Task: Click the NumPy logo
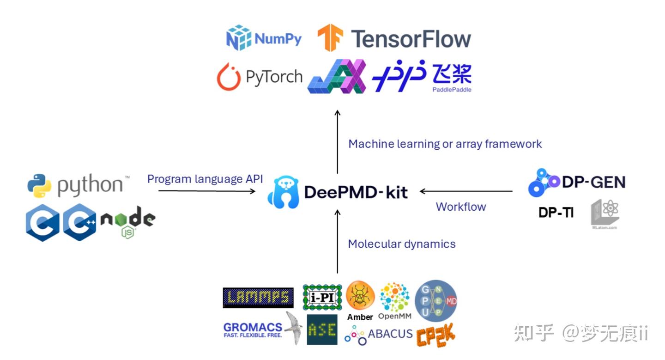click(x=264, y=38)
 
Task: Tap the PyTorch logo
click(x=260, y=77)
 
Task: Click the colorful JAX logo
click(x=337, y=76)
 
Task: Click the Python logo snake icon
click(x=39, y=186)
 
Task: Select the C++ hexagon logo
click(x=79, y=222)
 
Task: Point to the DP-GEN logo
click(x=576, y=182)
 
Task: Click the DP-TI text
click(x=556, y=213)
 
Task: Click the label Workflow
click(x=460, y=207)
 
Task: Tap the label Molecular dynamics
click(x=401, y=244)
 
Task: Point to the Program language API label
click(x=205, y=179)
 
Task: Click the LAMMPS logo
click(x=258, y=298)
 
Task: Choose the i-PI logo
click(x=322, y=297)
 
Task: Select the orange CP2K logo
click(x=435, y=336)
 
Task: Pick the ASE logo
click(x=321, y=329)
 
